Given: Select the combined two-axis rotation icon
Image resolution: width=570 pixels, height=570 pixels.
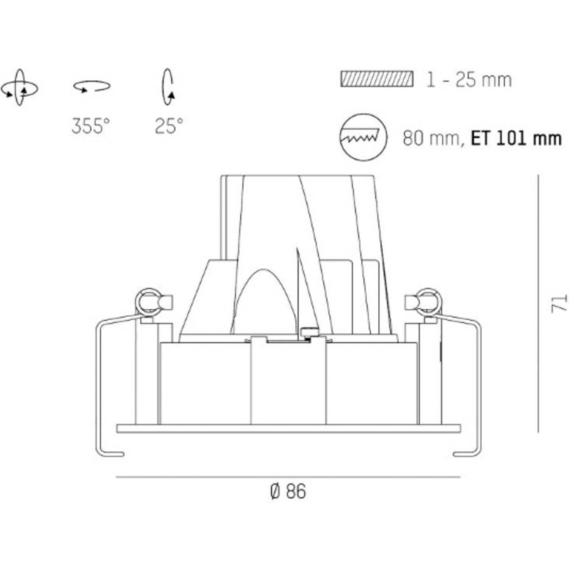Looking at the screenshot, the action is tap(20, 88).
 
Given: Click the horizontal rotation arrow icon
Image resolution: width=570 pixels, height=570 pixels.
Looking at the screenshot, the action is tap(92, 86).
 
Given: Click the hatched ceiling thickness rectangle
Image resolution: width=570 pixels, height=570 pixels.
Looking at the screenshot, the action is tap(377, 79).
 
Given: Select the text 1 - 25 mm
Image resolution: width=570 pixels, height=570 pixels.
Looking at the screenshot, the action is tap(469, 80).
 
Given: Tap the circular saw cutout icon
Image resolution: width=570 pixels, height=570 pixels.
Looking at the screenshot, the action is tap(363, 137).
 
